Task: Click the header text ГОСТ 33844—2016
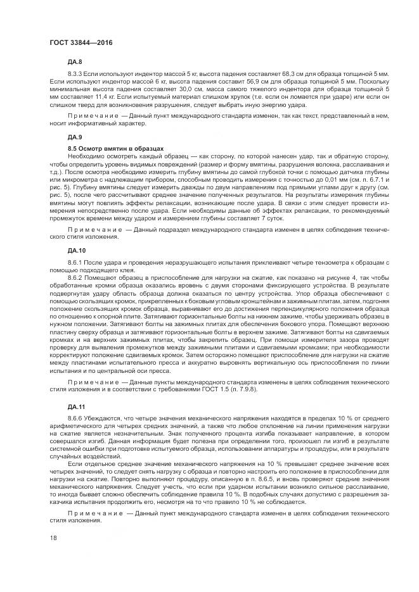click(76, 42)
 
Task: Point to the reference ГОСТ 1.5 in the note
click(221, 389)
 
